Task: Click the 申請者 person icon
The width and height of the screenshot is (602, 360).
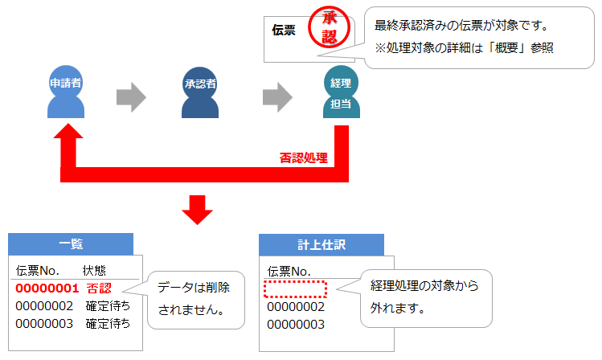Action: pos(65,92)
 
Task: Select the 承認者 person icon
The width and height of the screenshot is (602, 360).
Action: pos(200,92)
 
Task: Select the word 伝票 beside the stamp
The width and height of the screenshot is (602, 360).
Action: pos(283,31)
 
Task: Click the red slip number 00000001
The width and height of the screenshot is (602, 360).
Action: pos(47,288)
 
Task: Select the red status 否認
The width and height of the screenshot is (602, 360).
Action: pos(99,288)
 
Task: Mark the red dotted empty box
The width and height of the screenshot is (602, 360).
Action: pos(296,288)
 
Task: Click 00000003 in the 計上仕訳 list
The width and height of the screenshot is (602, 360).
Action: pos(296,324)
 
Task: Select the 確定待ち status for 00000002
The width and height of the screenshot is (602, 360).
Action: pos(108,305)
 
